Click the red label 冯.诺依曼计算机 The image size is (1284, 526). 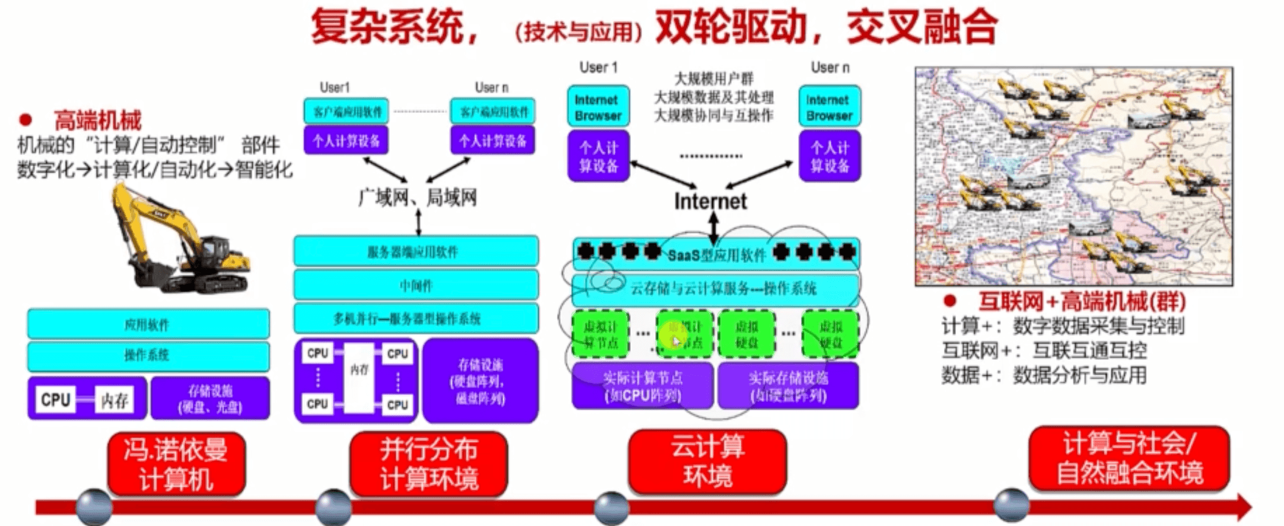(x=176, y=464)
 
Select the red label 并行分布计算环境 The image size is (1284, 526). (x=428, y=464)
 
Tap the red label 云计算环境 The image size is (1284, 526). (x=707, y=461)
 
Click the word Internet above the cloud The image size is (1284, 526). (x=710, y=202)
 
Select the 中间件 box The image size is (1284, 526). (x=416, y=286)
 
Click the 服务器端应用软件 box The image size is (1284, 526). (x=416, y=252)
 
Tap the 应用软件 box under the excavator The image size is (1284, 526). (x=148, y=324)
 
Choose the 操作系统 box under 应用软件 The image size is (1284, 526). (x=148, y=355)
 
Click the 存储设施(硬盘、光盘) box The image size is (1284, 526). (x=211, y=398)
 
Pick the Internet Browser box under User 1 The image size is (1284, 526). (x=598, y=107)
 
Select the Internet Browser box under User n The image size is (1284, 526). (x=829, y=107)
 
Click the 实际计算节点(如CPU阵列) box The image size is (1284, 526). (x=643, y=386)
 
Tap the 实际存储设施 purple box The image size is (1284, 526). (x=788, y=386)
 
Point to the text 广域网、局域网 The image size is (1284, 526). (x=418, y=198)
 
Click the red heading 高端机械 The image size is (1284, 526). (x=98, y=121)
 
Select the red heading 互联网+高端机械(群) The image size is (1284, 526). (x=1081, y=302)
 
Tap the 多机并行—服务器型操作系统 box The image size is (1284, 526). (x=416, y=319)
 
